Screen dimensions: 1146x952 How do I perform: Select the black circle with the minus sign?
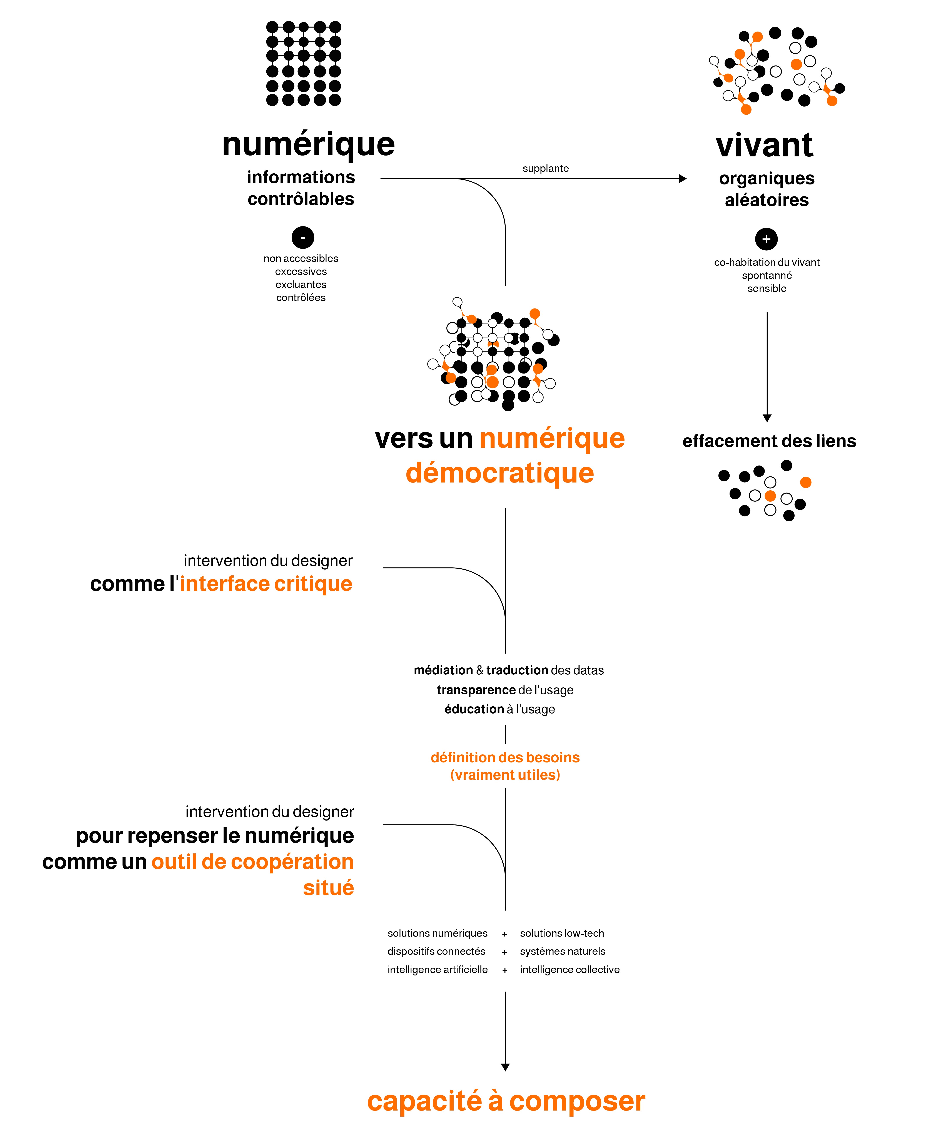303,237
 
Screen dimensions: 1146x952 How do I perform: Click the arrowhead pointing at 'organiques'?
683,178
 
